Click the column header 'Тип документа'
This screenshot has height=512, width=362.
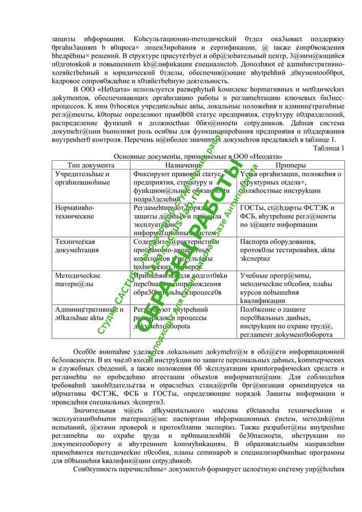pos(91,165)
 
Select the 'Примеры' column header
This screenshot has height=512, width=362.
pos(290,165)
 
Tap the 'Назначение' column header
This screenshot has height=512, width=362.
pos(183,165)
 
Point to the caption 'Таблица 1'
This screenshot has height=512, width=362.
pos(328,148)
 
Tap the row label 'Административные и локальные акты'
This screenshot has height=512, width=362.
pos(89,313)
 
